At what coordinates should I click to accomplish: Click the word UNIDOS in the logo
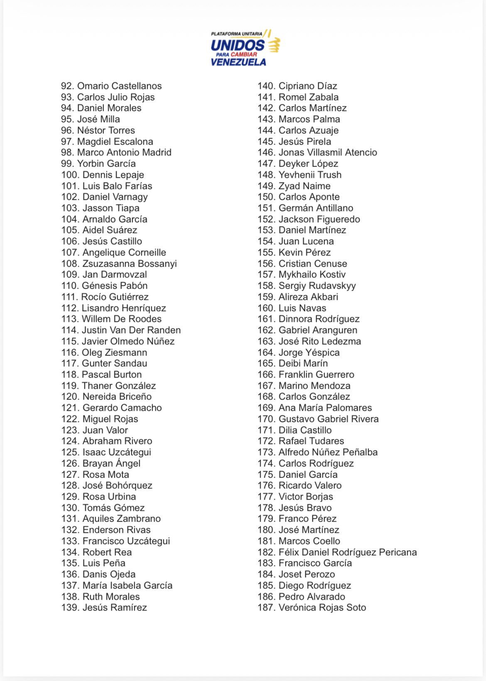point(238,45)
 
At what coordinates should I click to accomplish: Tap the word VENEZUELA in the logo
point(238,62)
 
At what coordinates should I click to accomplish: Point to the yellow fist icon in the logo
point(274,45)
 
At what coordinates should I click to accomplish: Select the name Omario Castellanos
point(119,86)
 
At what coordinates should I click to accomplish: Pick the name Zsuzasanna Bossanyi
point(130,264)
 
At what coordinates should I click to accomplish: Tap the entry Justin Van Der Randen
point(131,330)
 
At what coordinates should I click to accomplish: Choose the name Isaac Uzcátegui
point(117,452)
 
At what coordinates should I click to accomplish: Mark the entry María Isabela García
point(127,585)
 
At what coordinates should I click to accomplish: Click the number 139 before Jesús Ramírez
point(70,608)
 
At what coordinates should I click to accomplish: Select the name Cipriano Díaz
point(308,86)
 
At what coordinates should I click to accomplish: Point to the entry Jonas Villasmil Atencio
point(328,152)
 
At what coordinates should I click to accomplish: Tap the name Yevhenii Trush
point(310,175)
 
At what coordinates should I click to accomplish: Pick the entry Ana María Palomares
point(325,408)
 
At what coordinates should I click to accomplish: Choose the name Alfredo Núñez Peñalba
point(328,452)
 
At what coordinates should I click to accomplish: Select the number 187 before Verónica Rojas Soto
point(266,608)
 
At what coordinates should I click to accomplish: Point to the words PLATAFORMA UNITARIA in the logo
point(236,34)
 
